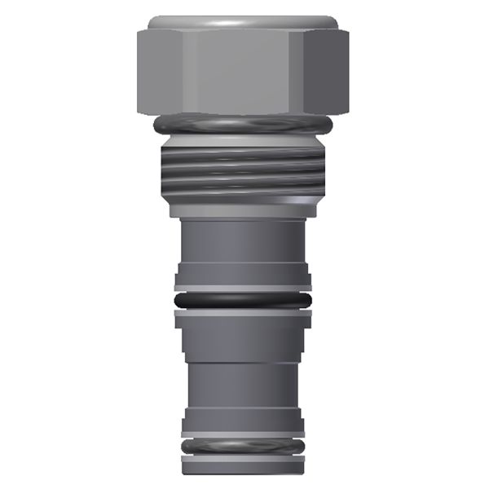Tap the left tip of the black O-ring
[176, 302]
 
